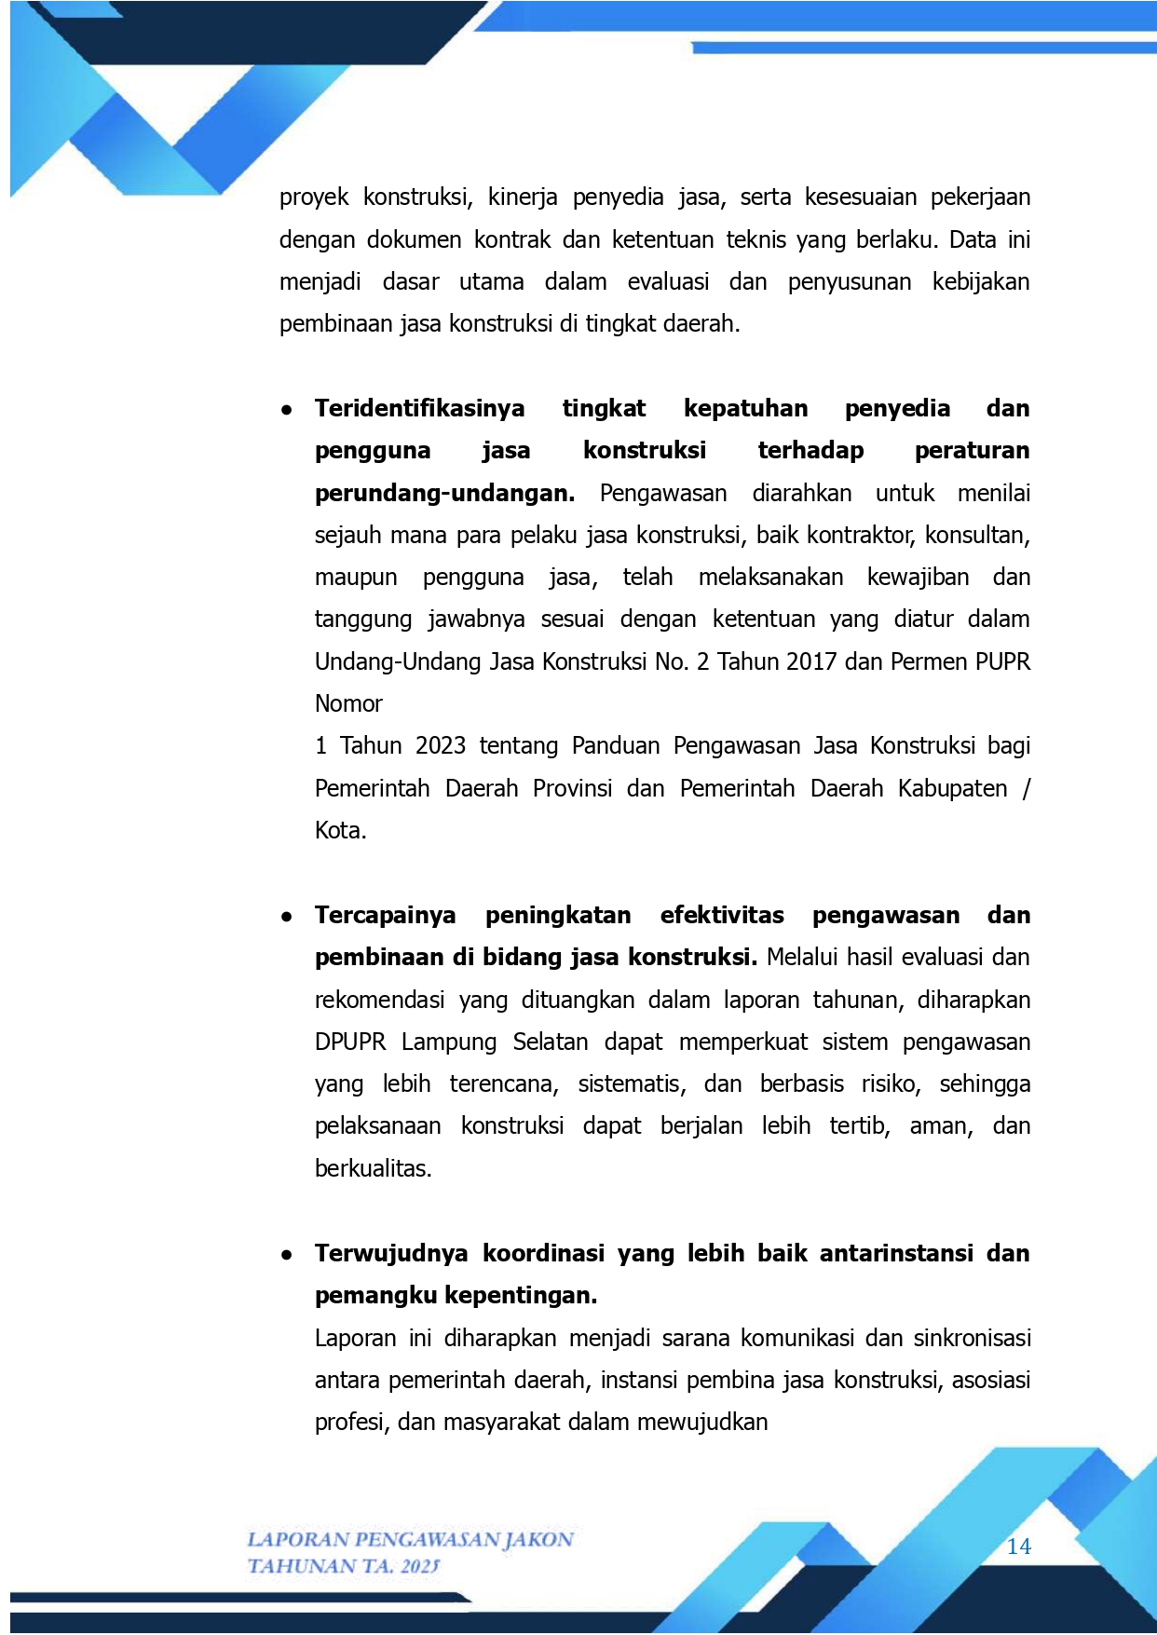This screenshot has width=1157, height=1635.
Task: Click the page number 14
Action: (1019, 1546)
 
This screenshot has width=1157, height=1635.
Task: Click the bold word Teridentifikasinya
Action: (419, 408)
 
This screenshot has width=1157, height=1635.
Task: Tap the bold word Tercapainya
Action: (385, 915)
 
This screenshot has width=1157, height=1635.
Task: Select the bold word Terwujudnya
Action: (391, 1253)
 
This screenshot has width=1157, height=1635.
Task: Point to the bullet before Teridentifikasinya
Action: (287, 410)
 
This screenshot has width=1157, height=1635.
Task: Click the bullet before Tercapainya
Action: (287, 917)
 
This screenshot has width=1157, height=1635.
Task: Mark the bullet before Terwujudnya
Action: (287, 1255)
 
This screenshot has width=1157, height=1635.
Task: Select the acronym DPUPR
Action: (350, 1042)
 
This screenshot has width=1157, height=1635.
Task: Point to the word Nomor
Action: (348, 703)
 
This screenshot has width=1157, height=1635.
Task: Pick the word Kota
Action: (340, 830)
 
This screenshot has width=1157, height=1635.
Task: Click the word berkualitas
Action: (373, 1168)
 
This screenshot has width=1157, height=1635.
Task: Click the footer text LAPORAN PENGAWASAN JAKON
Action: (410, 1539)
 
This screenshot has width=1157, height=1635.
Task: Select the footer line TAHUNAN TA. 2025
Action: (343, 1566)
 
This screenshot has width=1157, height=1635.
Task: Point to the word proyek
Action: (314, 198)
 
